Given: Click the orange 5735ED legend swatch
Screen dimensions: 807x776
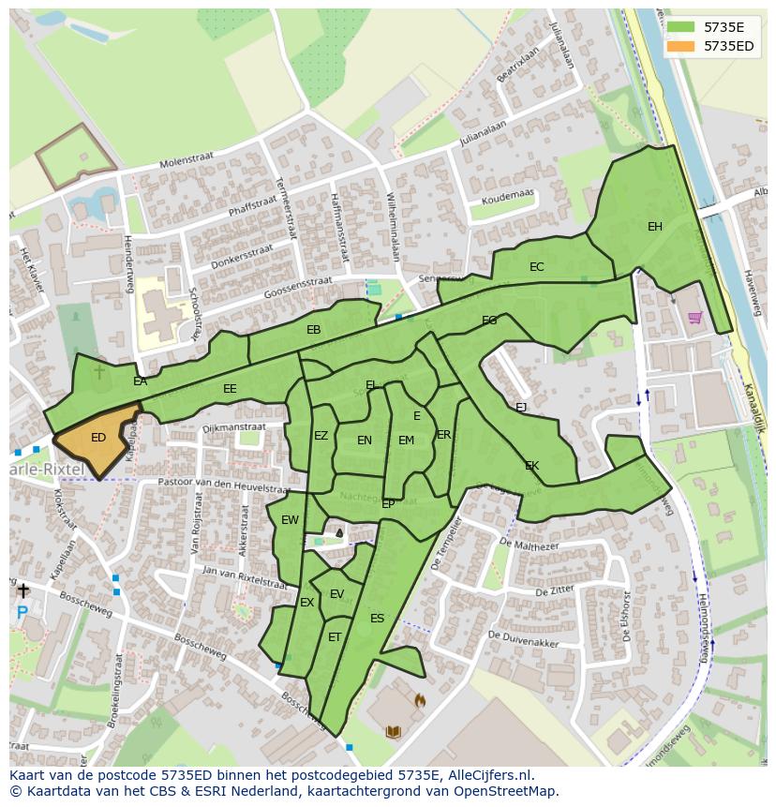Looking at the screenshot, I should click(680, 46).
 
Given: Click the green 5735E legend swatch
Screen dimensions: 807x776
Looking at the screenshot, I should click(680, 27).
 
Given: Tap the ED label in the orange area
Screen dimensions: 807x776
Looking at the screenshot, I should click(98, 438).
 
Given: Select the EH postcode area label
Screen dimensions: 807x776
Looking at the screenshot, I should click(655, 227).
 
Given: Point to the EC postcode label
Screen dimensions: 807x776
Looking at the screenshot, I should click(536, 267).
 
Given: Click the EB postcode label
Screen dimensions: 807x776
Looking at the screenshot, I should click(313, 330).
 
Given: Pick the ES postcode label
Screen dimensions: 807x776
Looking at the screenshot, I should click(377, 619).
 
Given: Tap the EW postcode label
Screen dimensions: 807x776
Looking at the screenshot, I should click(290, 521).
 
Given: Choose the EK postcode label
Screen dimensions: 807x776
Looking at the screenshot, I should click(531, 466).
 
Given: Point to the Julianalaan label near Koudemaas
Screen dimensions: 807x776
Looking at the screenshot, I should click(482, 133).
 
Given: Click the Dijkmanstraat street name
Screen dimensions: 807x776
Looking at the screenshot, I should click(233, 427).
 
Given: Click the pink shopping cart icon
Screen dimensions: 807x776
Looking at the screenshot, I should click(694, 318).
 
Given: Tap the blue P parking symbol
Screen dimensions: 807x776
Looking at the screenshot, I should click(22, 614).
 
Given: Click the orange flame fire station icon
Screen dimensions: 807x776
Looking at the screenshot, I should click(420, 699).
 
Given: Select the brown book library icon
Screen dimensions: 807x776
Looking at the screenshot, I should click(393, 731).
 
